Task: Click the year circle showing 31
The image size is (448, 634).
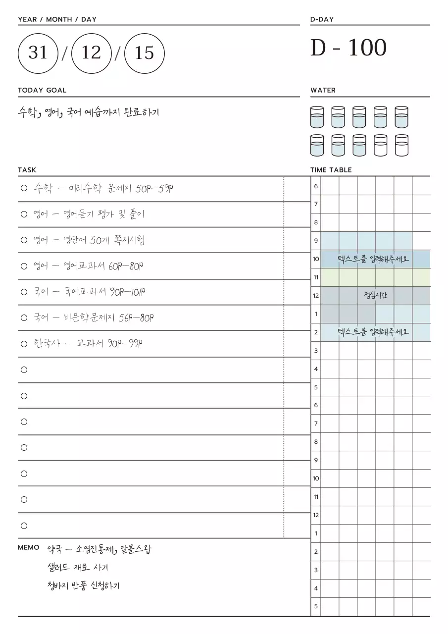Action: (38, 53)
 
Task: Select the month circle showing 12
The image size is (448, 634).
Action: (91, 53)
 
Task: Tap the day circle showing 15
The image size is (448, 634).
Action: (144, 53)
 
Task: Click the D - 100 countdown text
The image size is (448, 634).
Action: (348, 49)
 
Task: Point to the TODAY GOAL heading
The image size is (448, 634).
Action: (42, 90)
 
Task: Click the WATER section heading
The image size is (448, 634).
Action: (323, 90)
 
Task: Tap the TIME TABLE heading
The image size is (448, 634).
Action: (331, 170)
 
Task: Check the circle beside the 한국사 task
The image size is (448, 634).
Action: (24, 344)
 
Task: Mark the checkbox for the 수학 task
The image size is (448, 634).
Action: (24, 188)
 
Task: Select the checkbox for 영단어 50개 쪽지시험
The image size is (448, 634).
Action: (24, 240)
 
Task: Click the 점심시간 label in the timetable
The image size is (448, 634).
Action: (375, 296)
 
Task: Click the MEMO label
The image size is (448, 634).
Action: (29, 547)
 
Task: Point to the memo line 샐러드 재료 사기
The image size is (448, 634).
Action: (77, 568)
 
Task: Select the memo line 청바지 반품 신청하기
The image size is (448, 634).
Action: (83, 586)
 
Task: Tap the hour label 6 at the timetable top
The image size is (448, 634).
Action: (316, 186)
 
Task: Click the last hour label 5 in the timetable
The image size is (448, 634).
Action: (316, 606)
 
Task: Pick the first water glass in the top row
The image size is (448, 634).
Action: (317, 117)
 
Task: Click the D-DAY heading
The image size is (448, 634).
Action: (322, 19)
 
